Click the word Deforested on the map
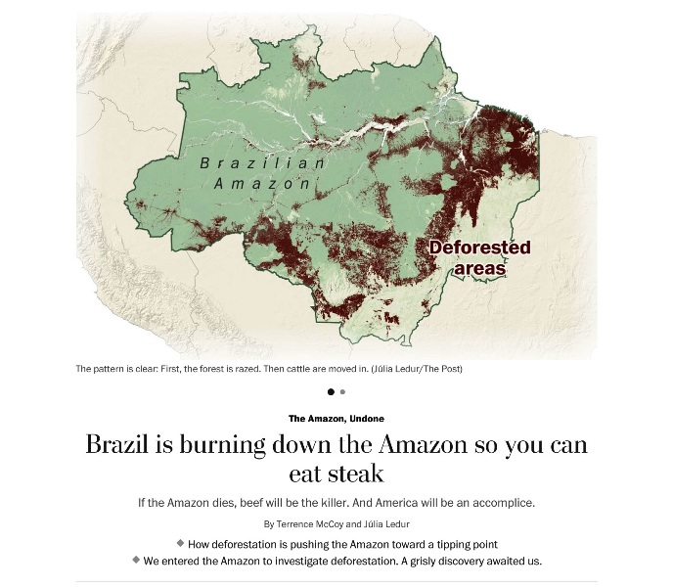tap(479, 248)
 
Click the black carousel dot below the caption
tap(331, 391)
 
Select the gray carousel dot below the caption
tap(342, 391)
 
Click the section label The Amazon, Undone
tap(336, 418)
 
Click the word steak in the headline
tap(355, 474)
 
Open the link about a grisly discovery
tap(341, 561)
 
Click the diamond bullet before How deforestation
tap(180, 542)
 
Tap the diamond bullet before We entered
tap(136, 560)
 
